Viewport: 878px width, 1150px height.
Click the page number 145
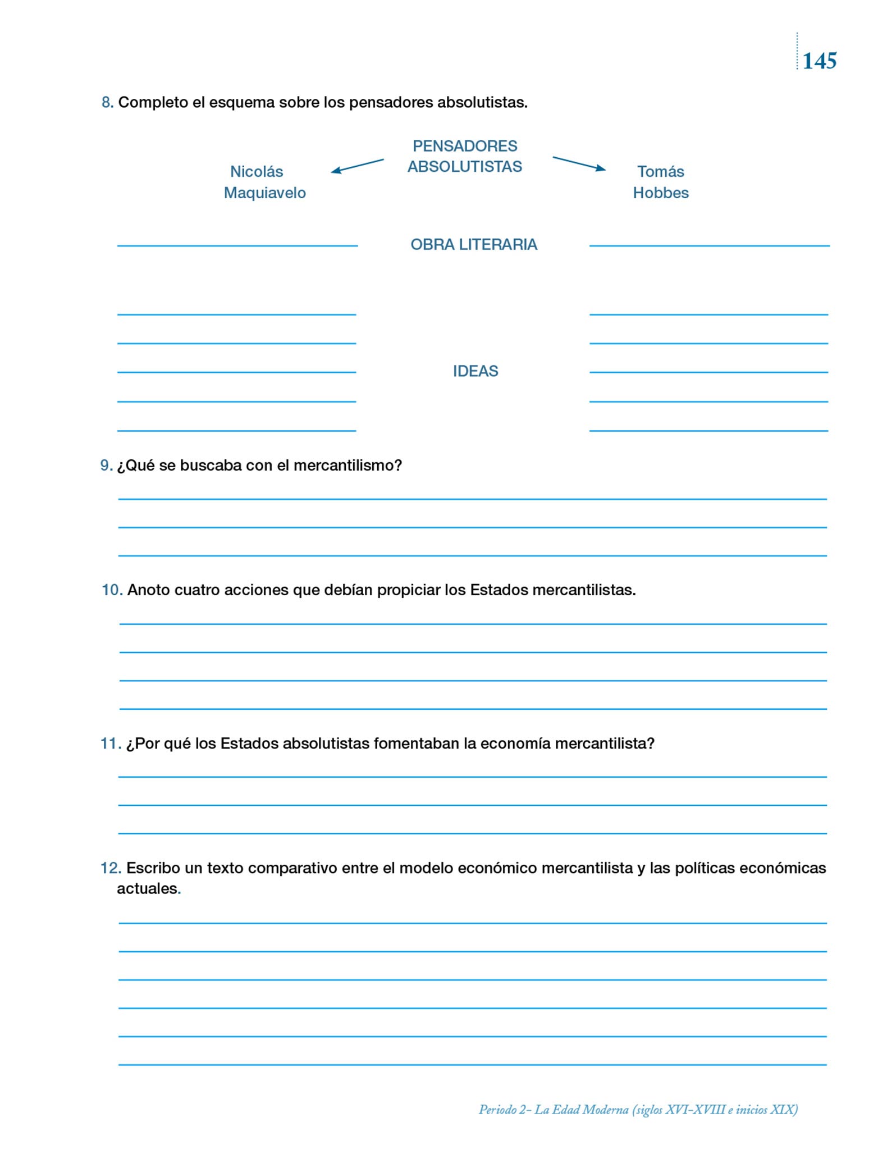tap(819, 61)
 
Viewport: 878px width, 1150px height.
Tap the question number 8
tap(107, 103)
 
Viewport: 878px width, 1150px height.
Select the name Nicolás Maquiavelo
tap(264, 182)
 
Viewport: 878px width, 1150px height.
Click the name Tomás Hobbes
tap(661, 182)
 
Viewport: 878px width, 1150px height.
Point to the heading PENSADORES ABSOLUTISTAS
tap(465, 156)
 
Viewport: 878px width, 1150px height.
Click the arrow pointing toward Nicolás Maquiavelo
tap(357, 166)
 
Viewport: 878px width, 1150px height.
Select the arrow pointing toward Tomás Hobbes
tap(579, 163)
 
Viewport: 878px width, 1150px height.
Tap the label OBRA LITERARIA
tap(474, 245)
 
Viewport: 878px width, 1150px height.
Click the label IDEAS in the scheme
tap(475, 371)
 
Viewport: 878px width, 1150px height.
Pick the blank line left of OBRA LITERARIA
tap(237, 245)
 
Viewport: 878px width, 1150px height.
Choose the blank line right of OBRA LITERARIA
tap(709, 245)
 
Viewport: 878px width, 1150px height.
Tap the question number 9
tap(106, 466)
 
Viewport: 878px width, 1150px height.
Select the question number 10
tap(112, 590)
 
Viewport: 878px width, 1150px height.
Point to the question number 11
tap(111, 743)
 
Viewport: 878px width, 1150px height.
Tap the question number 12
tap(111, 868)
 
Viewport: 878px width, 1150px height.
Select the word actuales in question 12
tap(147, 889)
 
